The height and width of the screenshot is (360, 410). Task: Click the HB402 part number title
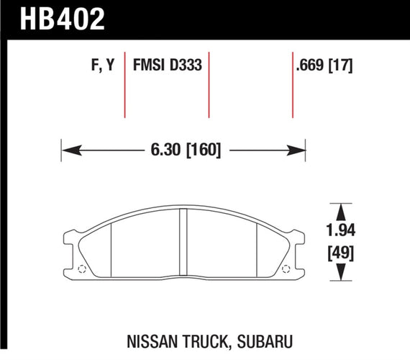(x=63, y=19)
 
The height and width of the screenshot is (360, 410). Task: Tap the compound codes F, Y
(x=103, y=65)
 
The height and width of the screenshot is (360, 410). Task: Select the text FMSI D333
(x=168, y=65)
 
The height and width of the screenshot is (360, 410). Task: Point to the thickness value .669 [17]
(x=324, y=65)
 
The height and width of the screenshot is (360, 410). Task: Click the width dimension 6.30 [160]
(x=186, y=150)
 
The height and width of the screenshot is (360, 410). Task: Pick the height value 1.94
(x=341, y=230)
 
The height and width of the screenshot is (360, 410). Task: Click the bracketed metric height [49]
(x=341, y=253)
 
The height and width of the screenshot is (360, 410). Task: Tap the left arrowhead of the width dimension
(x=71, y=150)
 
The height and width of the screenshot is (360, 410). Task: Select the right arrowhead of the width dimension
(x=296, y=150)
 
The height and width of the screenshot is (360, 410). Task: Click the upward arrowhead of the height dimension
(x=340, y=212)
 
